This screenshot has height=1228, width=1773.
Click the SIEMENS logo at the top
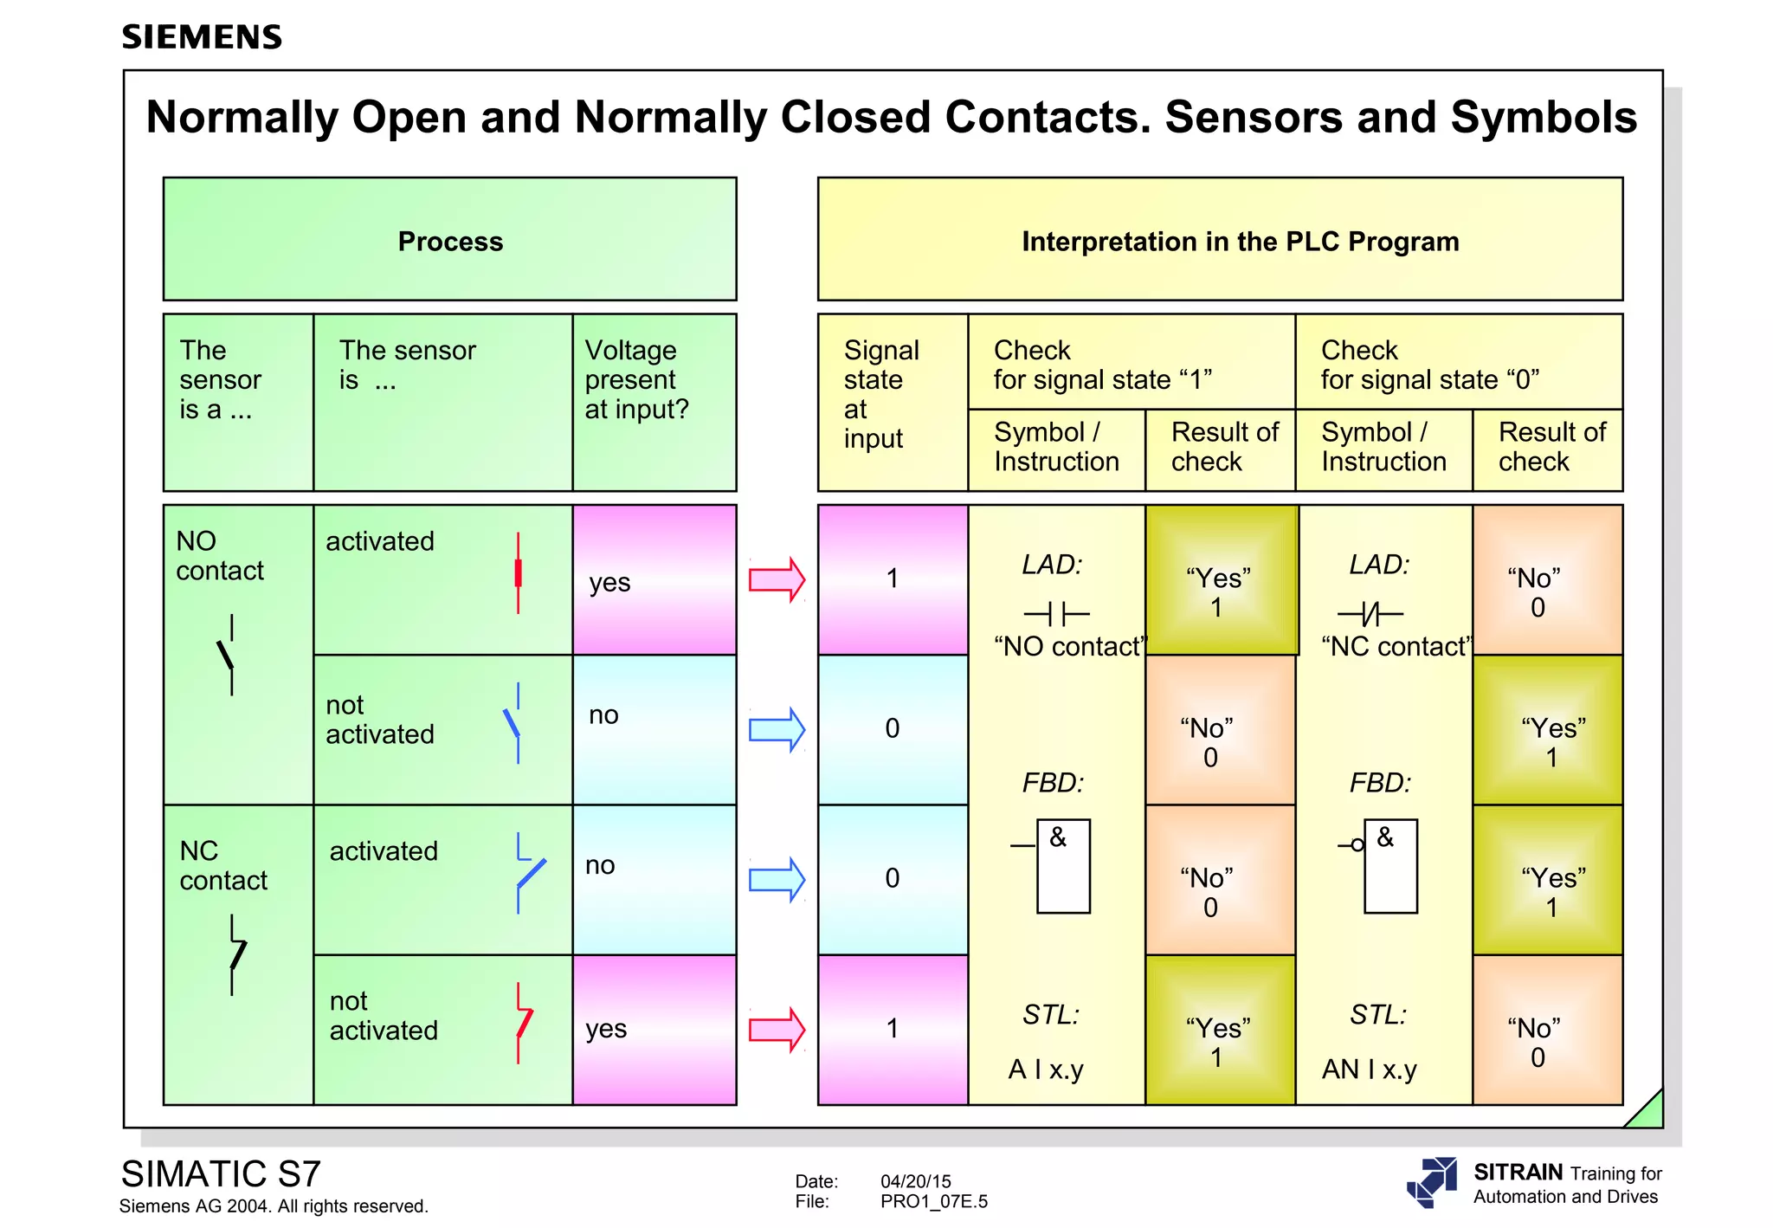tap(202, 37)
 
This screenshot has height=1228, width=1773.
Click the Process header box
tap(449, 240)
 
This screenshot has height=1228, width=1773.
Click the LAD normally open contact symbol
tap(1055, 614)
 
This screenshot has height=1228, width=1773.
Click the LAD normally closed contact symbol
tap(1370, 615)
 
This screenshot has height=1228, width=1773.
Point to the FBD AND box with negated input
tap(1389, 866)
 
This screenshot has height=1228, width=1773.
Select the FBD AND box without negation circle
tap(1062, 866)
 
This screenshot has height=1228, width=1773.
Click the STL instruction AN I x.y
tap(1369, 1070)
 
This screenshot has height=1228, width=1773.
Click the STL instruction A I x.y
tap(1046, 1070)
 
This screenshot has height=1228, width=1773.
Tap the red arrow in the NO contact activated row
tap(777, 579)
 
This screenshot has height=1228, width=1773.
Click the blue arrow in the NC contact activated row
tap(777, 880)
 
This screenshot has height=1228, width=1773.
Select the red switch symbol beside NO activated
tap(518, 573)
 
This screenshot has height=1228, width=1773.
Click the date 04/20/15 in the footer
tap(915, 1181)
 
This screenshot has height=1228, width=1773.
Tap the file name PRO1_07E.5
tap(933, 1201)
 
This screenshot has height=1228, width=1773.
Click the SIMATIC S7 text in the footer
tap(221, 1174)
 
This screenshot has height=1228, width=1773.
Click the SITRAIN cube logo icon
tap(1432, 1181)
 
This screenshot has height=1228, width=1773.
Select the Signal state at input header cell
tap(892, 402)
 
